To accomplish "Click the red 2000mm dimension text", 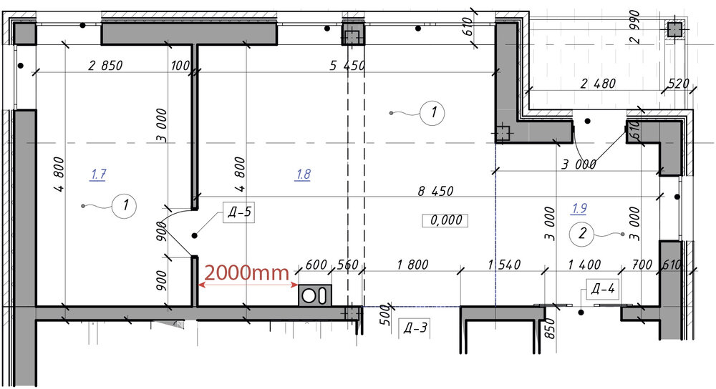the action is pos(246,272).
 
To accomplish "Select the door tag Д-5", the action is pos(239,212).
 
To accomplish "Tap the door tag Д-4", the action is pos(603,289).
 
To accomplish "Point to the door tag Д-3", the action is pos(415,328).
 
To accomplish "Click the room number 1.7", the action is pos(99,174).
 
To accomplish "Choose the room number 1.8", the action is pos(304,174).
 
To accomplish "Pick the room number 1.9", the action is pos(579,209).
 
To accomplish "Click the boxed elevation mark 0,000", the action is pos(445,220).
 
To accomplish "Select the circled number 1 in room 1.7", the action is pos(125,205).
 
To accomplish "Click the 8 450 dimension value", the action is pos(435,191).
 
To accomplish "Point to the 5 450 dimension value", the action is pos(347,66).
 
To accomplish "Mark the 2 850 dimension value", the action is pos(105,66).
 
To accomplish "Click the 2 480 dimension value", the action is pos(598,84).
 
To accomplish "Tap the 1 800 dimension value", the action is pos(412,265).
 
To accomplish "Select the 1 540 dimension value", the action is pos(504,265).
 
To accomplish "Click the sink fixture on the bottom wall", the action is pos(315,295).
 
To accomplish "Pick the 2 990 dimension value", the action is pos(634,27).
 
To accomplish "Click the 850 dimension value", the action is pos(550,328).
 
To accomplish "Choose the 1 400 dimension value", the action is pos(584,265).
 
